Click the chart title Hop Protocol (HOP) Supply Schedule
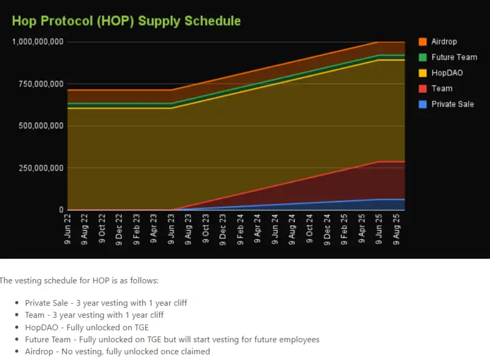(126, 21)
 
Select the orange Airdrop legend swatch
(423, 42)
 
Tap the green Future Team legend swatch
(423, 57)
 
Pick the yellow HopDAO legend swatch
(423, 73)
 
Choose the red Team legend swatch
(423, 89)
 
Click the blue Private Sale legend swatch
(423, 104)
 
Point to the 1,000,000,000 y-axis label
(38, 42)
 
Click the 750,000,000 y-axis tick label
(40, 84)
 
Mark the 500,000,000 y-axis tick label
(40, 126)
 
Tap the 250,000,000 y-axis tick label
(40, 168)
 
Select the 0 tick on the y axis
(61, 210)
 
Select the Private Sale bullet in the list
(106, 303)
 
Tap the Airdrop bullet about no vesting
(117, 352)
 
